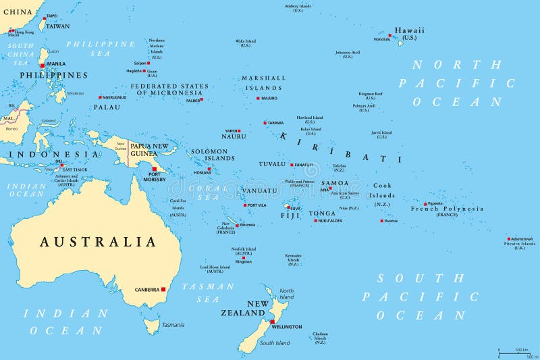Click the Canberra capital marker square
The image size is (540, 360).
coord(163,288)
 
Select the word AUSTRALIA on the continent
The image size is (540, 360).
coord(98,242)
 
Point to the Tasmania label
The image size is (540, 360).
coord(173,325)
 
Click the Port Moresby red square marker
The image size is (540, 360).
coord(155,169)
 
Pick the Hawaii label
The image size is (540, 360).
coord(410,30)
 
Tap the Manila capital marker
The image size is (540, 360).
coord(43,66)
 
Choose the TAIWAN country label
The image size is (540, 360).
coord(57,26)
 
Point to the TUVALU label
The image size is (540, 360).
coord(272,164)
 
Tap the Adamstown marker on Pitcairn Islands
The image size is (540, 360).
coord(509,238)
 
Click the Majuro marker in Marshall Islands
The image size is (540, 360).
coord(257,98)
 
